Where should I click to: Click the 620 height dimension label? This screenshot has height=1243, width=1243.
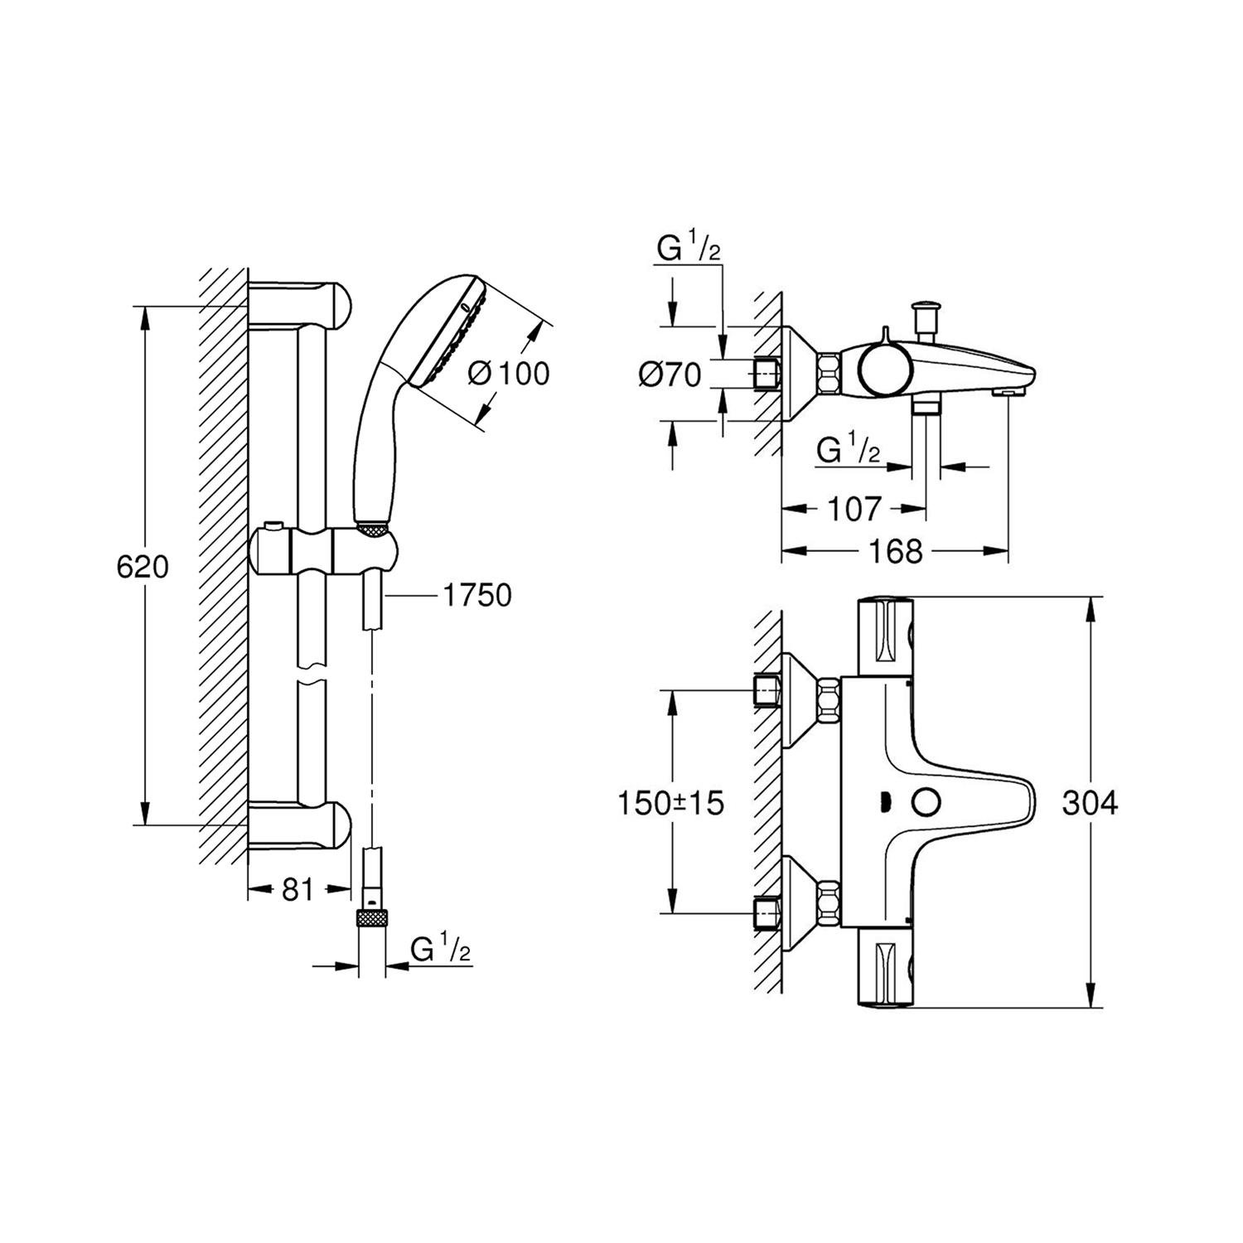click(x=143, y=568)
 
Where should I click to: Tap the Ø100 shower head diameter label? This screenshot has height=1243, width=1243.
click(x=508, y=374)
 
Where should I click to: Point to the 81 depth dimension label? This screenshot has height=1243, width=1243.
click(x=297, y=890)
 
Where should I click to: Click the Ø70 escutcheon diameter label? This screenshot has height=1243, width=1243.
click(x=670, y=375)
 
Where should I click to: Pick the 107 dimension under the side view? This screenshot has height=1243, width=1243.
click(x=854, y=509)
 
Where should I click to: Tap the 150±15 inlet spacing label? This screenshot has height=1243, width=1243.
click(x=671, y=802)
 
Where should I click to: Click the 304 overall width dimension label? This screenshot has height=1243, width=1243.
click(x=1090, y=802)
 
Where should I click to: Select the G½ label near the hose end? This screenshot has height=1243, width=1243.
click(x=440, y=949)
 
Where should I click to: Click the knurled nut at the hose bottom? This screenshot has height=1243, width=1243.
click(x=372, y=917)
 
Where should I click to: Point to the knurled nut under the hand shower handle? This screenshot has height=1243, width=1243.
click(x=372, y=526)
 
